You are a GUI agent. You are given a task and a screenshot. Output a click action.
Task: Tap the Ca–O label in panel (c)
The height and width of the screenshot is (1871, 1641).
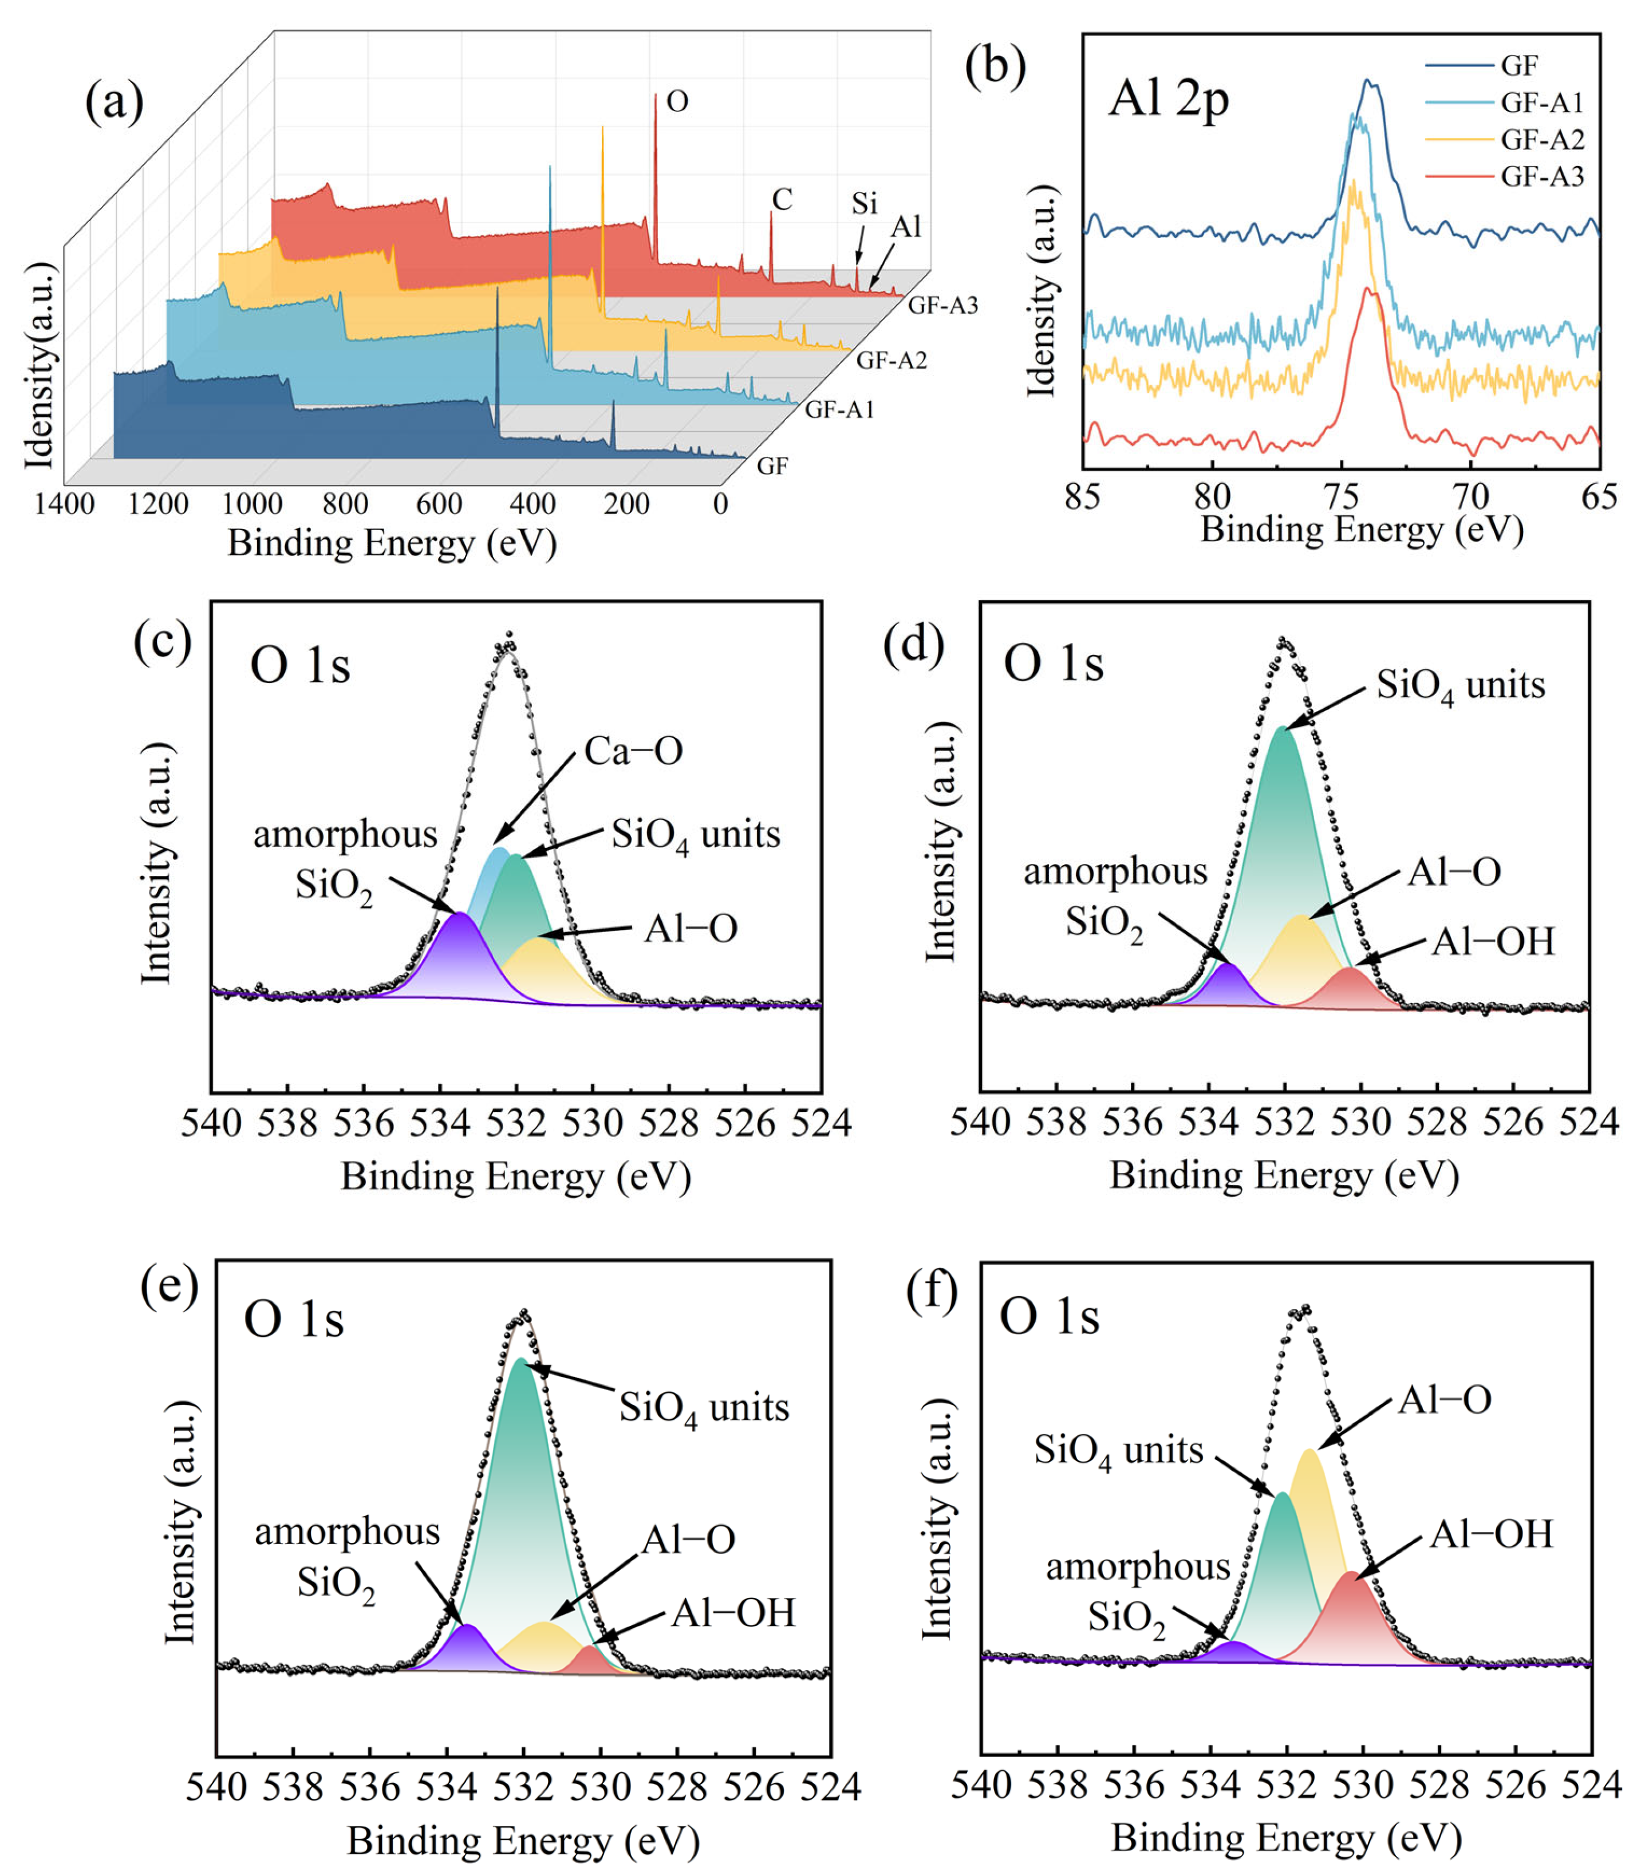(633, 752)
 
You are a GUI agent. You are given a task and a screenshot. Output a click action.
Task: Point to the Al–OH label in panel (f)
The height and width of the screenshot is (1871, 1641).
(1491, 1534)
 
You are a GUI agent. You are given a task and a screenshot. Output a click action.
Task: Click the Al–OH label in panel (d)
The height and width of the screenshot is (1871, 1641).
(1493, 941)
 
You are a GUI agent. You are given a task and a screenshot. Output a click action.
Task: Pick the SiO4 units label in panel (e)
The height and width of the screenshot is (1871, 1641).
(703, 1408)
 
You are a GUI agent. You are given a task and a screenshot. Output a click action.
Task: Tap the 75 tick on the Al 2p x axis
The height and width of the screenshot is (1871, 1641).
(1341, 496)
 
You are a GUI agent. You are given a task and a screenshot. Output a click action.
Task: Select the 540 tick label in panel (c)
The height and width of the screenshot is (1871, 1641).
(211, 1122)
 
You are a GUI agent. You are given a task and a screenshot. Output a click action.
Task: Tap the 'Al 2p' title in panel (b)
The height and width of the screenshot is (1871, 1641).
(1169, 99)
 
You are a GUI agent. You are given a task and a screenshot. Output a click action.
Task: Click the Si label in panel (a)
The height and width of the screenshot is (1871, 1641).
(864, 203)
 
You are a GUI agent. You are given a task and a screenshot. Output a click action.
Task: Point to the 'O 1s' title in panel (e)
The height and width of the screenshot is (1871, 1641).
(294, 1321)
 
